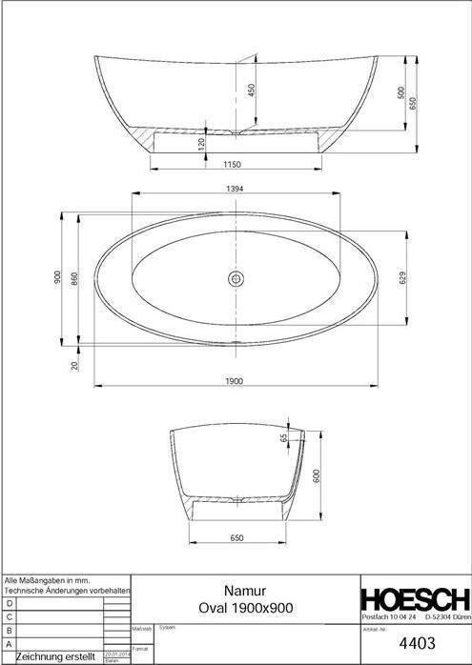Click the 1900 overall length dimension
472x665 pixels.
click(235, 380)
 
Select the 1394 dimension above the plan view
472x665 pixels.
click(235, 190)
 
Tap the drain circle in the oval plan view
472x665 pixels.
click(236, 278)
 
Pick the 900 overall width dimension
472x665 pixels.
click(58, 278)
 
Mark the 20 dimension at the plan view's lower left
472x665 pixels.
click(72, 363)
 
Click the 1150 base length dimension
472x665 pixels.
click(232, 165)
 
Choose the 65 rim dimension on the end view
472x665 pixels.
click(284, 438)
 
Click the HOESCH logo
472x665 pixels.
click(414, 600)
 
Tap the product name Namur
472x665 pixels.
click(244, 591)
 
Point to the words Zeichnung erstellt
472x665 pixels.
click(56, 656)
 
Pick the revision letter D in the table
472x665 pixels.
click(10, 603)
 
